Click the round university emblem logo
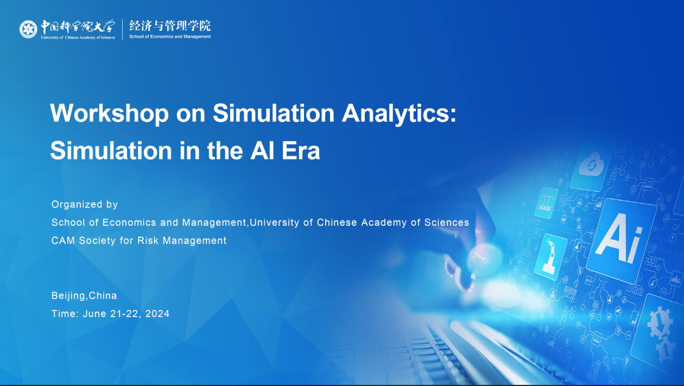click(28, 29)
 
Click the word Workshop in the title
click(109, 113)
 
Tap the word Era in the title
click(301, 150)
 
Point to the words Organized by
click(85, 204)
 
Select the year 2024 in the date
click(157, 314)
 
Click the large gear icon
click(659, 323)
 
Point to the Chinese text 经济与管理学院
click(170, 26)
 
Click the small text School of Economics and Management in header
click(170, 36)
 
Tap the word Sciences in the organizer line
click(446, 223)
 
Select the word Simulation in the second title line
click(111, 150)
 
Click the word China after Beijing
click(103, 295)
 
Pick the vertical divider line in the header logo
click(123, 29)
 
